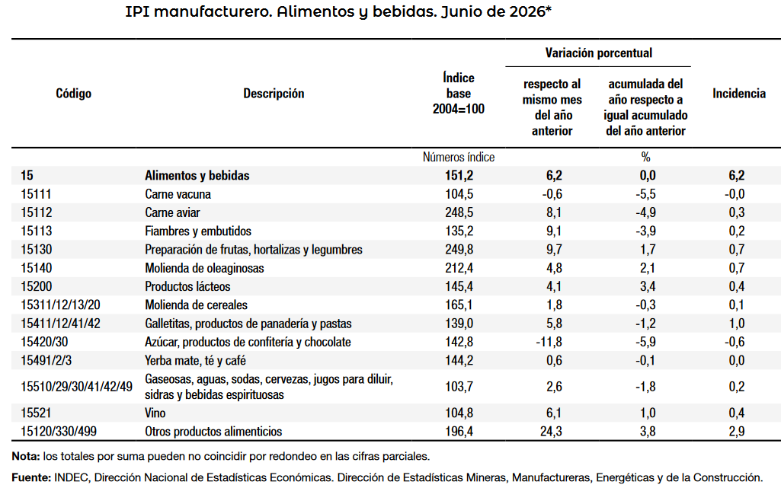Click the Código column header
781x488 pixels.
[73, 94]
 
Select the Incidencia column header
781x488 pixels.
[738, 94]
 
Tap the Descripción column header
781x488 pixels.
[274, 94]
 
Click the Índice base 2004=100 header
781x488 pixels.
[458, 93]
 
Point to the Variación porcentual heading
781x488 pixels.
[598, 53]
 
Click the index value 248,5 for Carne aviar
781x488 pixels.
[459, 213]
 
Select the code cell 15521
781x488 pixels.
[36, 413]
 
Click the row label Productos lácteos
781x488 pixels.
[187, 286]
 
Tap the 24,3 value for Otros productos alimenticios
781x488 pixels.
[551, 432]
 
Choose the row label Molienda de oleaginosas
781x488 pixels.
[204, 268]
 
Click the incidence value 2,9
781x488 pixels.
[737, 432]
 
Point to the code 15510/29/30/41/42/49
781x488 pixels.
[77, 387]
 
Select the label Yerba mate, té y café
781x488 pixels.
[195, 361]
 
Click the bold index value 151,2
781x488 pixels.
[459, 176]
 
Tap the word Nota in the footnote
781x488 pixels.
[24, 456]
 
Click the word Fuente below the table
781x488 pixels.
[30, 477]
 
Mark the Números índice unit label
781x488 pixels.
[459, 157]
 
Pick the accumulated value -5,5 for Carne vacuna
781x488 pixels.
[645, 194]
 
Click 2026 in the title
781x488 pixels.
[527, 11]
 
